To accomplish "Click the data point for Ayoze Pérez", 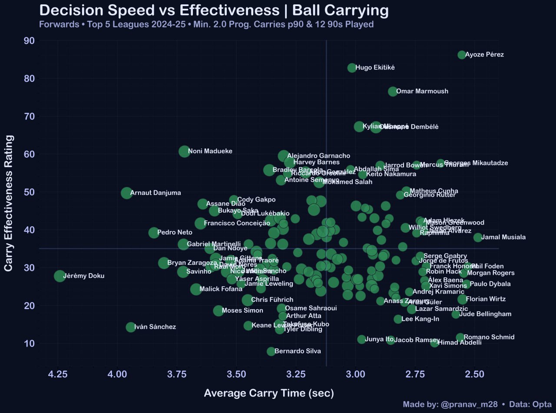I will (x=461, y=55).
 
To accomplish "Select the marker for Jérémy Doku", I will (x=60, y=276).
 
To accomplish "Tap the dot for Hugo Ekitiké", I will (x=352, y=68).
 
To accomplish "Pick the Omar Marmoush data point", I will (x=393, y=92).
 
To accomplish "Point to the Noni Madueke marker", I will (x=184, y=152).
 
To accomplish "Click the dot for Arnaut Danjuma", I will (x=126, y=193).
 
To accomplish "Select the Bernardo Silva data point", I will (x=271, y=351).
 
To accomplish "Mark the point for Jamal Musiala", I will (x=478, y=238).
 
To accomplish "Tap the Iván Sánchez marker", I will (x=131, y=327).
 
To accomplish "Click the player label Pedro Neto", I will (x=175, y=232).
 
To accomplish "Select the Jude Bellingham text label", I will (x=485, y=314).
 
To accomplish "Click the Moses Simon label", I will (x=242, y=311).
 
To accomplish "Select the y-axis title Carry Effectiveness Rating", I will (x=9, y=203).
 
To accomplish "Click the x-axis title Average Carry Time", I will (x=269, y=393).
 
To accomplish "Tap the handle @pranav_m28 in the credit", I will (x=469, y=404).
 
